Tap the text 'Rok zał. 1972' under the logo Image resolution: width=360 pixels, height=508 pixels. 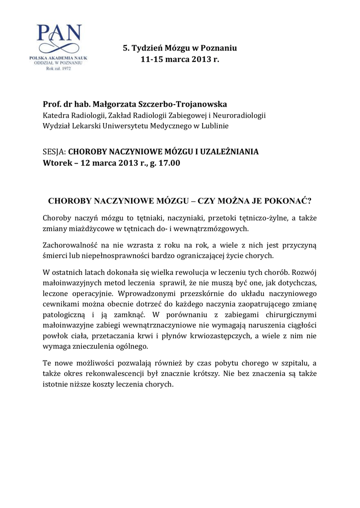pos(59,69)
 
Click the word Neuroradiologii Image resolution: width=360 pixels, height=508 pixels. pos(240,116)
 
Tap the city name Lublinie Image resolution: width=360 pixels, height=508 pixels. pos(213,126)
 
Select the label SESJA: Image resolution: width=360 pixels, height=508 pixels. pos(54,152)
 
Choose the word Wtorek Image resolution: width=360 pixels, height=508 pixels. pos(57,163)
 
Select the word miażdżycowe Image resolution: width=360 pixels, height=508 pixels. pos(92,229)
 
